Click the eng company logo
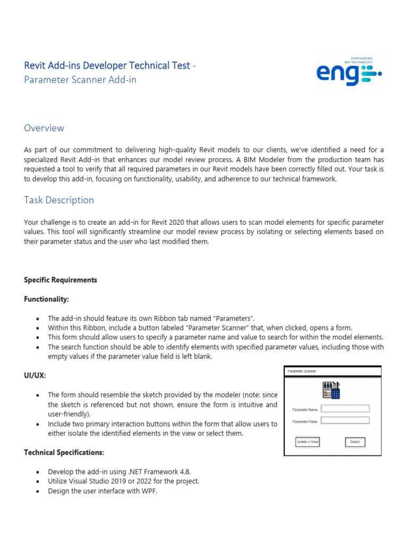[x=348, y=72]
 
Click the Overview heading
[x=44, y=128]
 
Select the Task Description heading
[x=59, y=200]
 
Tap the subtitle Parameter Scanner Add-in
[x=83, y=80]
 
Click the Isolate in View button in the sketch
[x=308, y=441]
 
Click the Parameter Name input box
[x=345, y=409]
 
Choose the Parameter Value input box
[x=345, y=420]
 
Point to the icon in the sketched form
[x=331, y=390]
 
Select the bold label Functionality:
[x=46, y=300]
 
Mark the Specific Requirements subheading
[x=61, y=280]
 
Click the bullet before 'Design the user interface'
[x=37, y=491]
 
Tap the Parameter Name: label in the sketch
[x=305, y=410]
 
